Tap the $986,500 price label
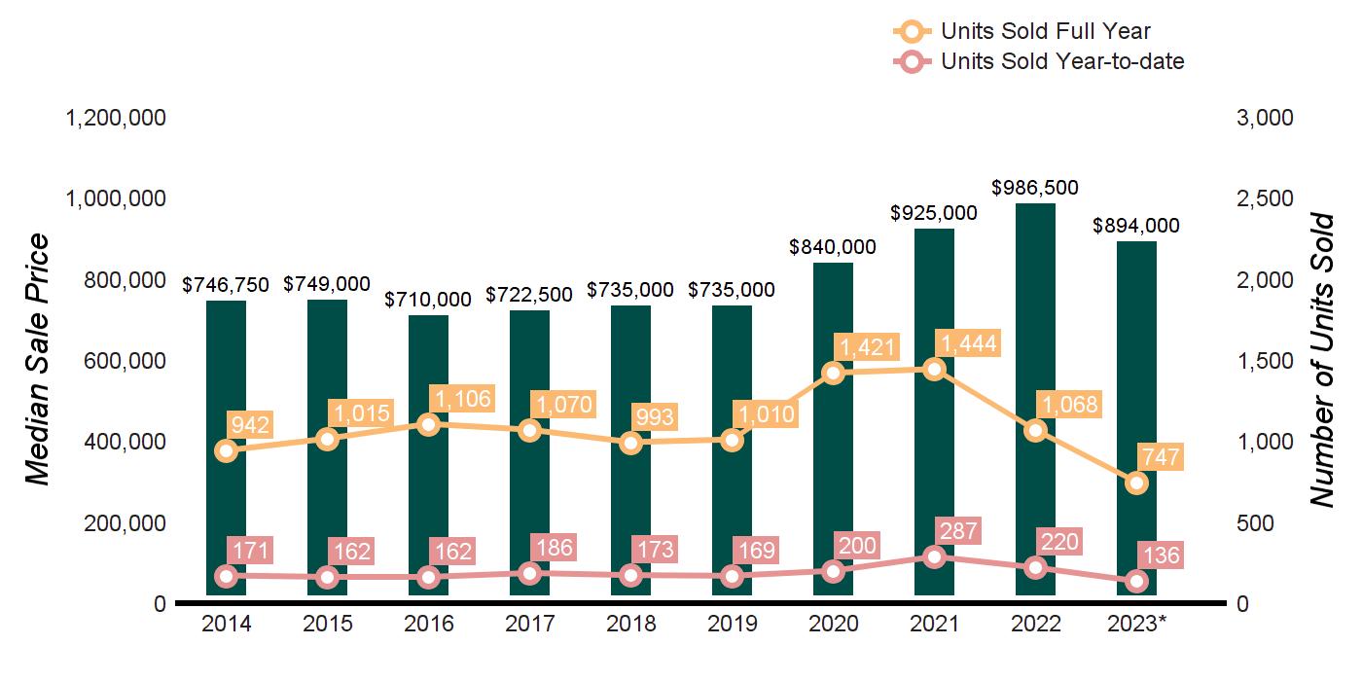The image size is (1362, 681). coord(1035,188)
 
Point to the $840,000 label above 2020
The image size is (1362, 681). coord(833,247)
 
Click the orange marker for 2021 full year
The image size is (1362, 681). coord(935,370)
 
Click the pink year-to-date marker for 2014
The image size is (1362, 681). coord(227,576)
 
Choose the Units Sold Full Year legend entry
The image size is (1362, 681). coord(1021,32)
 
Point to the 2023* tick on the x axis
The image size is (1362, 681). coord(1137,624)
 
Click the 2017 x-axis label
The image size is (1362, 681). coord(530,624)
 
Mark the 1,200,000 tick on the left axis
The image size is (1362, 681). coord(115,118)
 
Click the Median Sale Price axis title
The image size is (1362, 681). coord(37,360)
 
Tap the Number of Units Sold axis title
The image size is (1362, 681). coord(1320,360)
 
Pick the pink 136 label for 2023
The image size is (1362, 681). coord(1158,556)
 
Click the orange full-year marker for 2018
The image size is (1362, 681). coord(631,443)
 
